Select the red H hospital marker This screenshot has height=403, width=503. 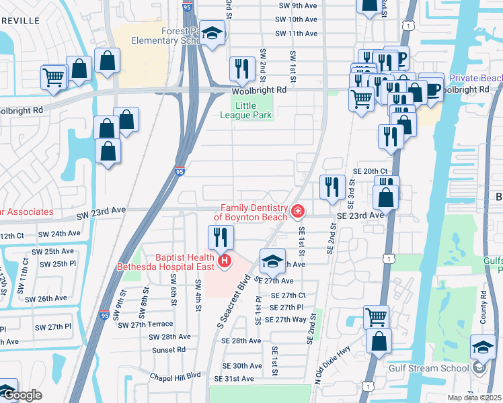(225, 260)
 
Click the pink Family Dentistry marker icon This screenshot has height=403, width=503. (297, 212)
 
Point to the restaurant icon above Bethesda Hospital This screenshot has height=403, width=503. (221, 236)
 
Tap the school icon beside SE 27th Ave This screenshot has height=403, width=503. (272, 261)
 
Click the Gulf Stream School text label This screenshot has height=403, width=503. (437, 368)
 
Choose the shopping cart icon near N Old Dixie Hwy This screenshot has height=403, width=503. (376, 316)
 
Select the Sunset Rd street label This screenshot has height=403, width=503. (168, 350)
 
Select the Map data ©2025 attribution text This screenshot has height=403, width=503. (475, 398)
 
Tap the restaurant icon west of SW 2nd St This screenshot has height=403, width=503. (241, 68)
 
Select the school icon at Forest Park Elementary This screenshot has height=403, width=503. (212, 36)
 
